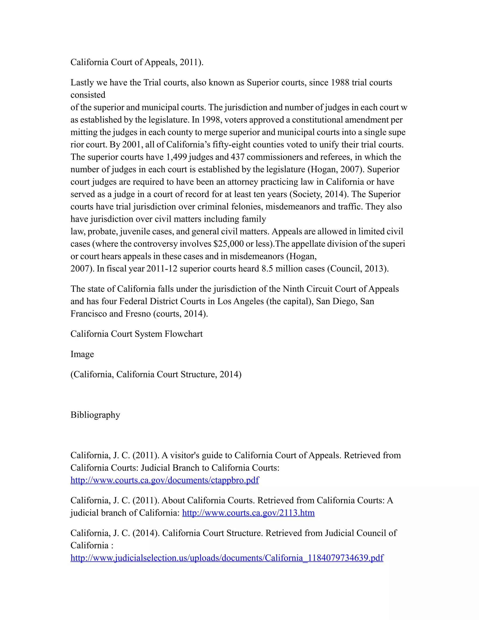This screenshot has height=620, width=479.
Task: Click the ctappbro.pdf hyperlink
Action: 165,480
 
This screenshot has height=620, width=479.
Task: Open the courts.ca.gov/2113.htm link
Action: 248,513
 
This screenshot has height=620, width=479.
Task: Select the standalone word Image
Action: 82,354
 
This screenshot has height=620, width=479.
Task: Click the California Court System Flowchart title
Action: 137,334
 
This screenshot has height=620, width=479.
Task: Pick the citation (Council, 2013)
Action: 358,269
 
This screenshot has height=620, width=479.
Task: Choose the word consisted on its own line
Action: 88,95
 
